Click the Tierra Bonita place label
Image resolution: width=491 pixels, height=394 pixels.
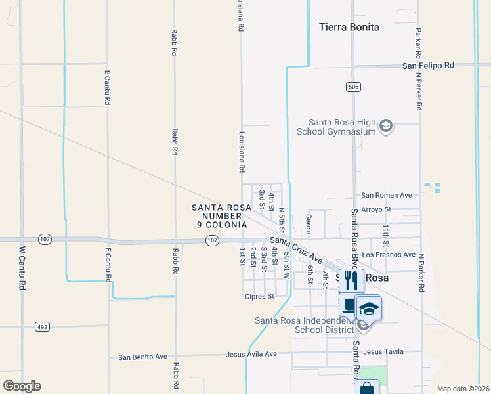tap(349, 27)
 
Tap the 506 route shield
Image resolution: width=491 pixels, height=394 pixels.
tap(352, 87)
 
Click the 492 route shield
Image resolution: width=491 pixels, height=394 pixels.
tap(43, 326)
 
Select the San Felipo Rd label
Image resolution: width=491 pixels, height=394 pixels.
tap(428, 66)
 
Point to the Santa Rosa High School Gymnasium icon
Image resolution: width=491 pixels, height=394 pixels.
tap(386, 126)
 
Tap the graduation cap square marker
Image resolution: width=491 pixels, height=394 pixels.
tap(369, 309)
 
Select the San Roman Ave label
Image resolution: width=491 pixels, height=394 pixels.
tap(386, 195)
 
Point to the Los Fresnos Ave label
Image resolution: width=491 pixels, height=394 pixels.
tap(389, 255)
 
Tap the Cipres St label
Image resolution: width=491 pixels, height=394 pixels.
tap(260, 296)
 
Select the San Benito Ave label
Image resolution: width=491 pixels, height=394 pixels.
tap(142, 357)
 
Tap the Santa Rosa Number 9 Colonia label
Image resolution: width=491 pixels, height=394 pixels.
tap(221, 215)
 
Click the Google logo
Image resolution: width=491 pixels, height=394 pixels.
tap(22, 386)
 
